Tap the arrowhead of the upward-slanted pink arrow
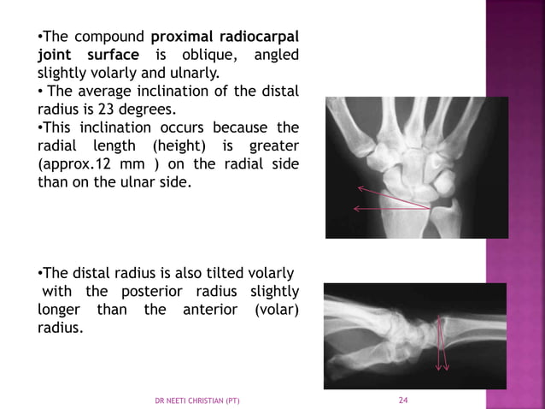click(360, 187)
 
